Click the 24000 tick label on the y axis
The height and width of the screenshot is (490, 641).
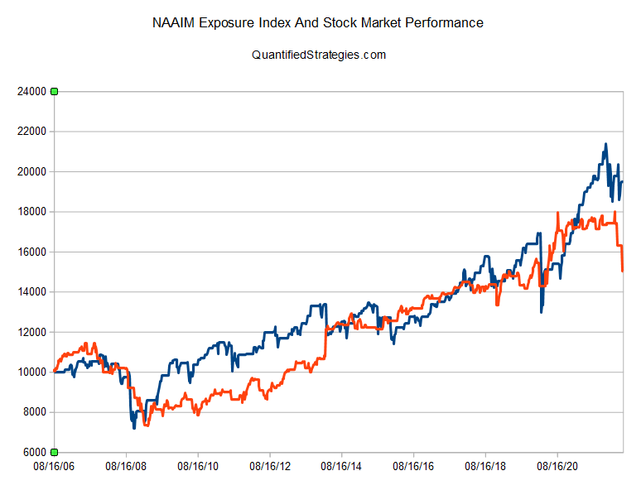pos(31,92)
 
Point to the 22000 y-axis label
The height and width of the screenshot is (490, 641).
pos(31,132)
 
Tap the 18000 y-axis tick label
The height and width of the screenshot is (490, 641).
pos(31,212)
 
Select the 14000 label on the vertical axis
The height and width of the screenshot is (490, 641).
pos(31,292)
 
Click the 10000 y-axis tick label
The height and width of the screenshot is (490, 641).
pos(31,372)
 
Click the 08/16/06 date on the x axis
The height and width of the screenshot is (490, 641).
pos(55,468)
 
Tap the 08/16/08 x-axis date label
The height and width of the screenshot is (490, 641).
pos(127,468)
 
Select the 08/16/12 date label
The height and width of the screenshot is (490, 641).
pos(271,468)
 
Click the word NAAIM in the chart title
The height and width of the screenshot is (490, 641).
pos(175,23)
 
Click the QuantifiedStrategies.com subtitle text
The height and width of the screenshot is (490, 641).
pos(319,55)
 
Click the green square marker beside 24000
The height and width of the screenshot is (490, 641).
pos(55,91)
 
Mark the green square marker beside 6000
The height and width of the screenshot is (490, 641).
pos(55,452)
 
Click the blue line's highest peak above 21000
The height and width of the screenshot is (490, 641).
pos(605,144)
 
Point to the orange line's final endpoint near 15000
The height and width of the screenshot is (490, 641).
pos(622,271)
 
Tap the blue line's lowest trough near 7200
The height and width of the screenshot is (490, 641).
pos(134,427)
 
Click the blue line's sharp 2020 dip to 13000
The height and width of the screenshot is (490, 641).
pos(541,312)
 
